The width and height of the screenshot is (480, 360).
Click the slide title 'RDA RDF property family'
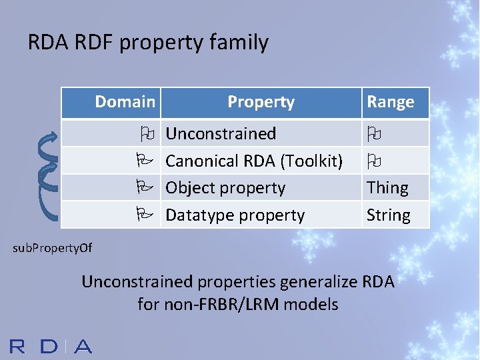(x=148, y=43)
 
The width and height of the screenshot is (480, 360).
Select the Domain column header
(x=125, y=102)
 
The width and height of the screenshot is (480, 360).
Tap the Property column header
(x=261, y=102)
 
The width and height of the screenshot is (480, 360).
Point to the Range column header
(x=390, y=102)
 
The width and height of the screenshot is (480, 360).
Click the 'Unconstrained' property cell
(x=221, y=133)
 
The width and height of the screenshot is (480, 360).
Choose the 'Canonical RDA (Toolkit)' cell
(x=254, y=161)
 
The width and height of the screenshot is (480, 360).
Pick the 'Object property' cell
(x=225, y=188)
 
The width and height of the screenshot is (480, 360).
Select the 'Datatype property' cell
(x=235, y=215)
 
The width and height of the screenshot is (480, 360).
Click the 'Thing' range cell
(x=387, y=188)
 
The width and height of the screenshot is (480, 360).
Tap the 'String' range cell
(x=388, y=215)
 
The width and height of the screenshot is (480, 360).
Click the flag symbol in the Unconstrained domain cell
(x=147, y=133)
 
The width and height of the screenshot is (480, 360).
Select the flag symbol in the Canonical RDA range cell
(x=373, y=161)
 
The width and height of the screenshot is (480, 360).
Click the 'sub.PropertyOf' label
(x=53, y=249)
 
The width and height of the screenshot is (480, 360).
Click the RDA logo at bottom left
(x=51, y=346)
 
